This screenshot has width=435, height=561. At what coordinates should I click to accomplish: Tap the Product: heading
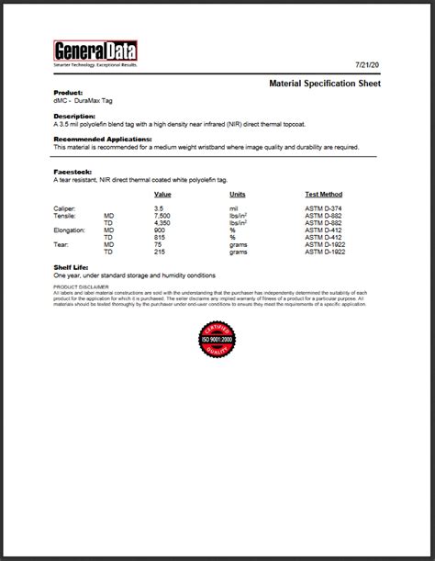tap(68, 93)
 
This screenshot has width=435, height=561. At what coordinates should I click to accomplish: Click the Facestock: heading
tap(72, 172)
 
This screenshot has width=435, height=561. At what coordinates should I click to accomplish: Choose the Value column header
tap(162, 195)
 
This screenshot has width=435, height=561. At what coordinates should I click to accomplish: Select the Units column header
tap(238, 195)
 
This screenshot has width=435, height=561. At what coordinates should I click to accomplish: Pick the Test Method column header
tap(323, 195)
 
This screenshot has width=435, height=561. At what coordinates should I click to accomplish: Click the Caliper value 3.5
tap(159, 208)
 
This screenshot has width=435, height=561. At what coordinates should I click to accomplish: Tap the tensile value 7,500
tap(162, 216)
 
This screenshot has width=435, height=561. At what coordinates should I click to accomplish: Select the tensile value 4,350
tap(162, 223)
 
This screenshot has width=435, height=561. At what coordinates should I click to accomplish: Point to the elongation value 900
tap(161, 230)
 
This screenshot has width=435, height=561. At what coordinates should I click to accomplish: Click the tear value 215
tap(161, 252)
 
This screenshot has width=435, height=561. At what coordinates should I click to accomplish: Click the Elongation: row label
tap(72, 230)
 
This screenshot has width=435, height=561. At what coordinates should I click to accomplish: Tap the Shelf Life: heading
tap(72, 267)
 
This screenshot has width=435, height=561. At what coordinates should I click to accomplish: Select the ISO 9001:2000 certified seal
tap(217, 340)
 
